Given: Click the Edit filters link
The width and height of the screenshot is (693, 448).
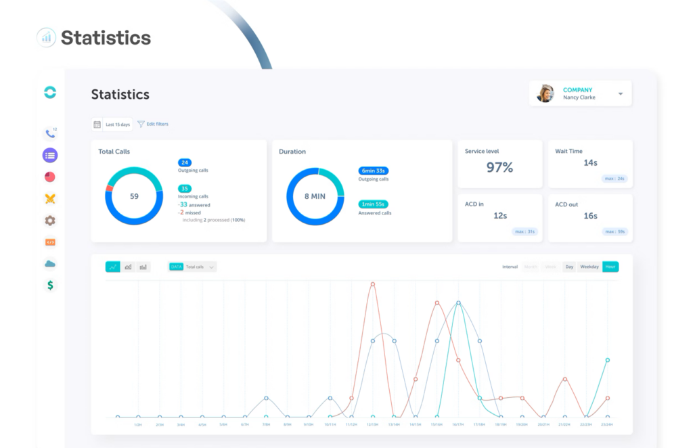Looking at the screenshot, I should tap(153, 125).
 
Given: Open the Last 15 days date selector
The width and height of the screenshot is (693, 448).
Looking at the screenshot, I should tap(112, 125).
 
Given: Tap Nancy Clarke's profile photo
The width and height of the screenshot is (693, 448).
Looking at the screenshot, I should tap(545, 93).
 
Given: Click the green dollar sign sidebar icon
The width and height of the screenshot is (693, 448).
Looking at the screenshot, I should tap(49, 286).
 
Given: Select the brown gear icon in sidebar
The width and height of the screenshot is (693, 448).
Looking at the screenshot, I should tap(49, 221).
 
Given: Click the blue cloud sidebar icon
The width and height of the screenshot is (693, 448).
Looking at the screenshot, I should tap(49, 264).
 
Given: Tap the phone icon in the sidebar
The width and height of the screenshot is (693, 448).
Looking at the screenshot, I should tap(49, 134).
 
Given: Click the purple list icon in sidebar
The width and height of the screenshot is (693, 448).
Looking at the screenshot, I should tap(49, 156).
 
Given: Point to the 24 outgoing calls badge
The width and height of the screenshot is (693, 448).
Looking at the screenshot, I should tap(185, 162).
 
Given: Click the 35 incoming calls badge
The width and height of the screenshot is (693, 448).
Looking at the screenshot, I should tap(185, 189).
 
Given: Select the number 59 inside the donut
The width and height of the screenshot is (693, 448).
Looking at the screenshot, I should tap(134, 196).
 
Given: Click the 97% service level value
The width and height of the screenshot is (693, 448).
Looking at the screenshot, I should tap(499, 167).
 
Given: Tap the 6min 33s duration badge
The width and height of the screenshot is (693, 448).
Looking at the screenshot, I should tap(374, 171).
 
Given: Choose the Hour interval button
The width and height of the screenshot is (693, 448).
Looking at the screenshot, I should tap(611, 267).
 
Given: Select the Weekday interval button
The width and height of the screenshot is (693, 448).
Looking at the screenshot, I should tap(589, 267).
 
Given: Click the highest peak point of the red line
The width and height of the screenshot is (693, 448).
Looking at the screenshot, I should tap(373, 284).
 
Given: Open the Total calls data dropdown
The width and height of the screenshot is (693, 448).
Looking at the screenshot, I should tap(193, 267).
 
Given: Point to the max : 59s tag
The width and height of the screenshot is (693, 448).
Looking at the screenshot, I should tap(614, 231).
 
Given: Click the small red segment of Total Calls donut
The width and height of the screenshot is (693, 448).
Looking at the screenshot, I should tap(109, 188).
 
